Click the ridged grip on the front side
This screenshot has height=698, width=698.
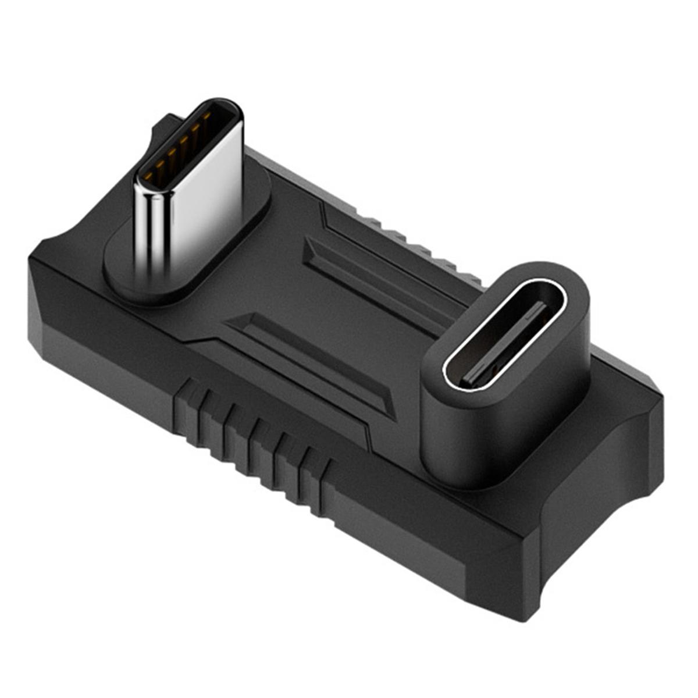click(250, 430)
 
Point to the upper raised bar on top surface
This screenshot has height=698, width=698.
click(372, 273)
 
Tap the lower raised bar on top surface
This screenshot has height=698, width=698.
click(308, 355)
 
